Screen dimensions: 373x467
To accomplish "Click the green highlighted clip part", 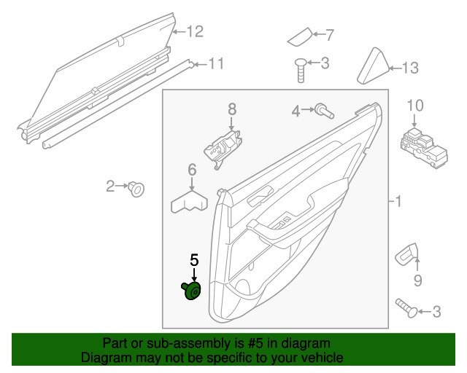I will click(193, 292).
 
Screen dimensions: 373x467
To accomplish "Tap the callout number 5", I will click(194, 259).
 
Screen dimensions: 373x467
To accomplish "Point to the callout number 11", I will click(216, 63).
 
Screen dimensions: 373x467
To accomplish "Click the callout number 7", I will click(328, 34).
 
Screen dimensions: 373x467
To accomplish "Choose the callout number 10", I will click(414, 106).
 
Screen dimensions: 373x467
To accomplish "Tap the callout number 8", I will click(232, 109).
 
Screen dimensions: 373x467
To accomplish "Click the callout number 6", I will click(193, 170).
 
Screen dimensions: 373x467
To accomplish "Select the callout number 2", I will click(110, 186).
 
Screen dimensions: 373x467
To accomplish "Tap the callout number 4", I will click(296, 111).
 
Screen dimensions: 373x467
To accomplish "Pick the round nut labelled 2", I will click(136, 190).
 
